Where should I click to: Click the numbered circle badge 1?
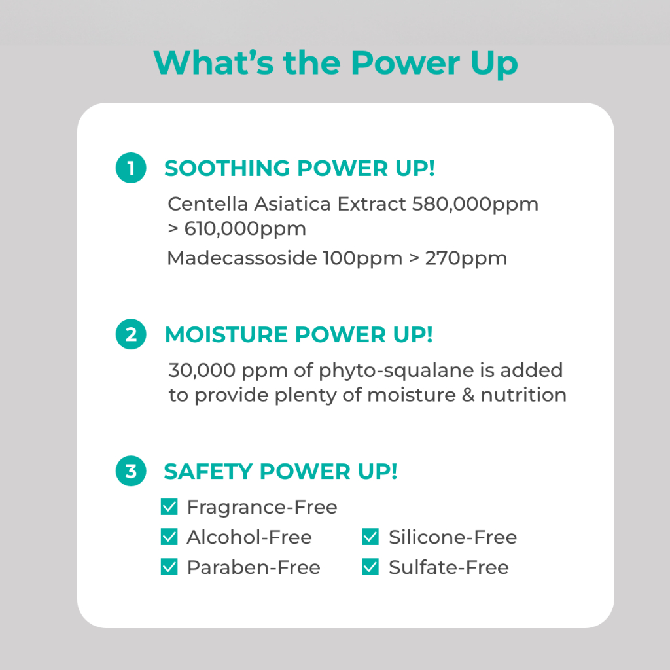pos(131,168)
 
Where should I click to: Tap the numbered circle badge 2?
pos(131,334)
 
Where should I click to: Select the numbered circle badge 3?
pos(131,471)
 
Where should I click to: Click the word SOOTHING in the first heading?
pos(227,168)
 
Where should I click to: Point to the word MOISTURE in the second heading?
pos(226,334)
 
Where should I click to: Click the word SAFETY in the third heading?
pos(208,471)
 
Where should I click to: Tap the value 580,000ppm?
pos(475,204)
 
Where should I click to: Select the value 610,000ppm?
pos(245,229)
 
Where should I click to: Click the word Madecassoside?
pos(242,258)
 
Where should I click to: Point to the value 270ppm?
pos(466,258)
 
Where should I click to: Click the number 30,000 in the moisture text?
pos(202,370)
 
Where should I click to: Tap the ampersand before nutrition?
pos(468,395)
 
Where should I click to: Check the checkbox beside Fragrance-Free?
pos(169,507)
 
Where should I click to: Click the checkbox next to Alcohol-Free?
pos(169,537)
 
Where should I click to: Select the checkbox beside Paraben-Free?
pos(169,567)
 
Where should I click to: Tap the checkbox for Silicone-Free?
pos(370,537)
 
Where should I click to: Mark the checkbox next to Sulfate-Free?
pos(370,567)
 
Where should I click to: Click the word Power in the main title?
pos(406,63)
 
